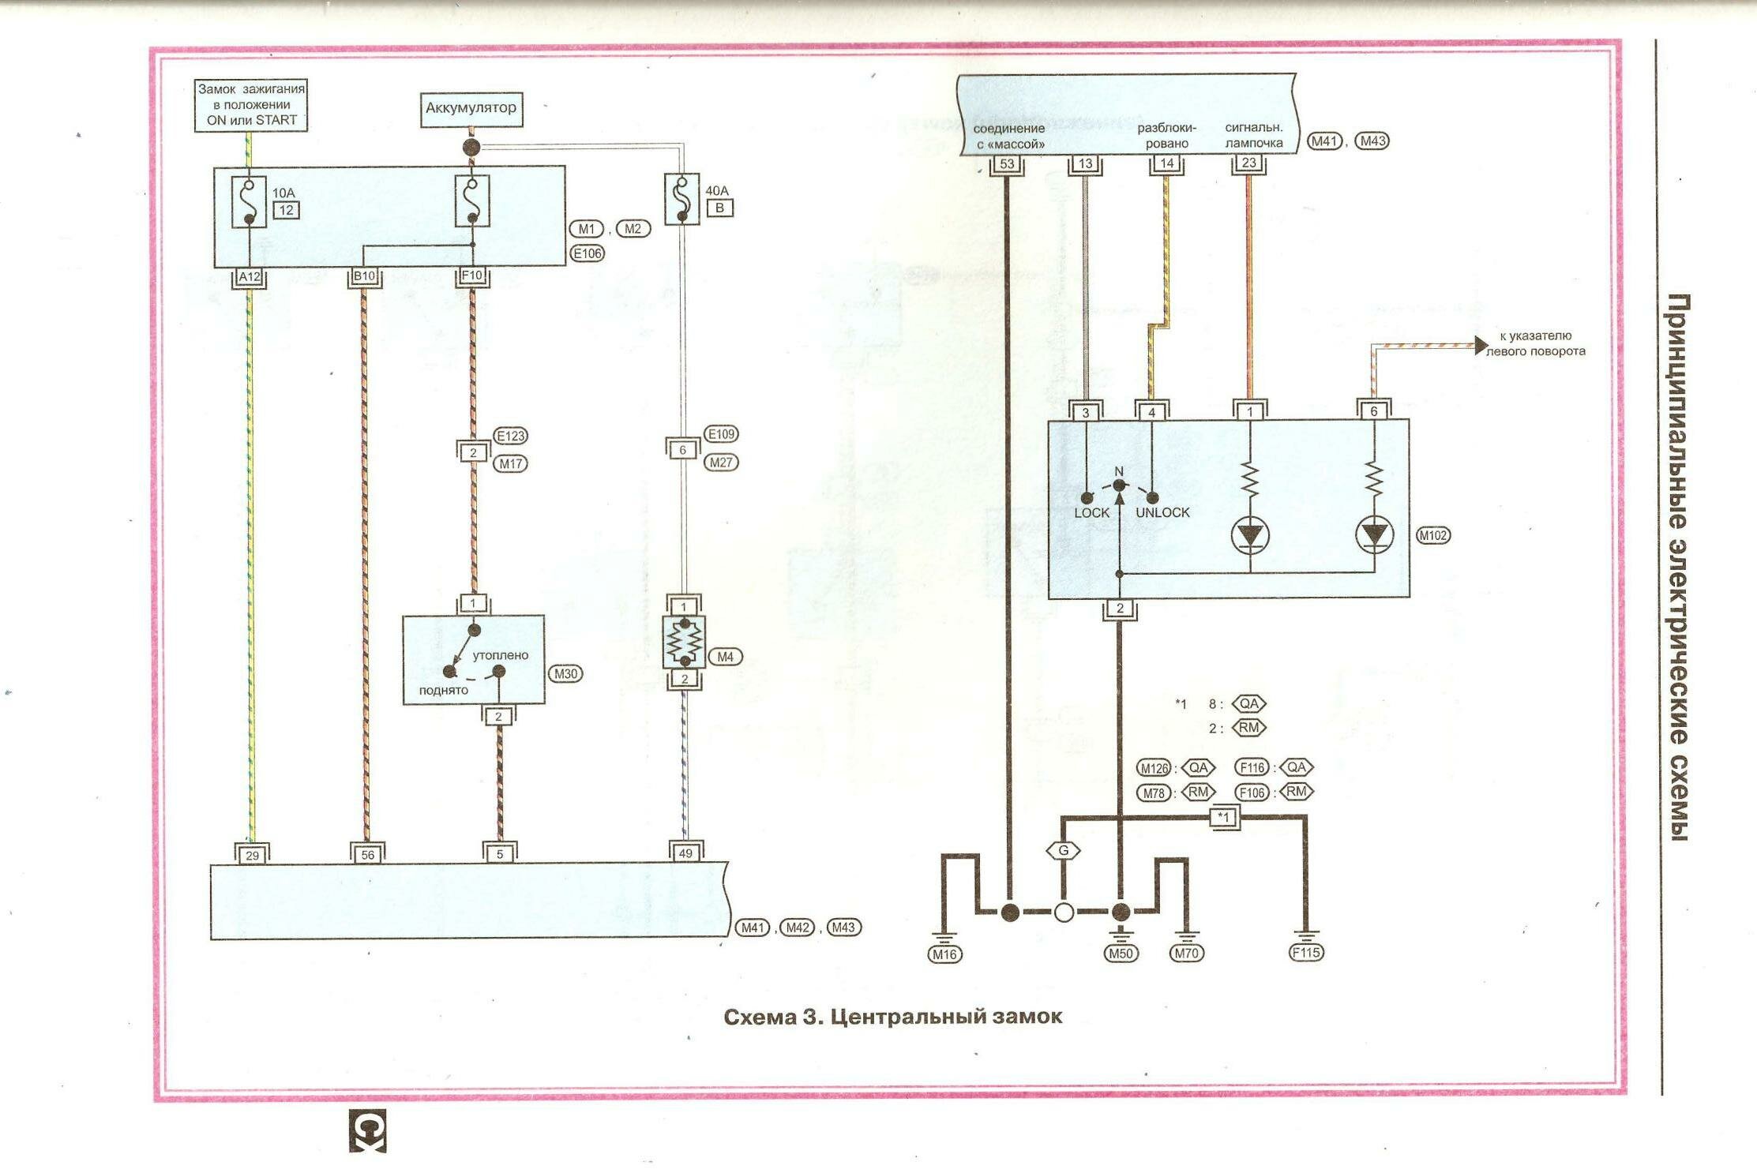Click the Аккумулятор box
coord(471,108)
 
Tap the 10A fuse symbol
coord(249,202)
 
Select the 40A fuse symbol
coord(681,199)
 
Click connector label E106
coord(587,253)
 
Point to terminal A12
coord(250,277)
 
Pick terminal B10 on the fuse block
coord(364,276)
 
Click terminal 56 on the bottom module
coord(367,854)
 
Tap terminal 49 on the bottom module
coord(685,853)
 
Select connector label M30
coord(565,673)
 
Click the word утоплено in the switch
coord(501,655)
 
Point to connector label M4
coord(725,657)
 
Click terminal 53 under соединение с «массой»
coord(1007,164)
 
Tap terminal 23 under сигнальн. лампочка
coord(1248,163)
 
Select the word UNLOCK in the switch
coord(1162,513)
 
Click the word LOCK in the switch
coord(1091,513)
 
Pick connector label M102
coord(1433,535)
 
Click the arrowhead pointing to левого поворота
coord(1481,346)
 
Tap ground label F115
coord(1305,952)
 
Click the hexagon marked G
coord(1063,850)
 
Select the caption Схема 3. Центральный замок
coord(892,1017)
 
